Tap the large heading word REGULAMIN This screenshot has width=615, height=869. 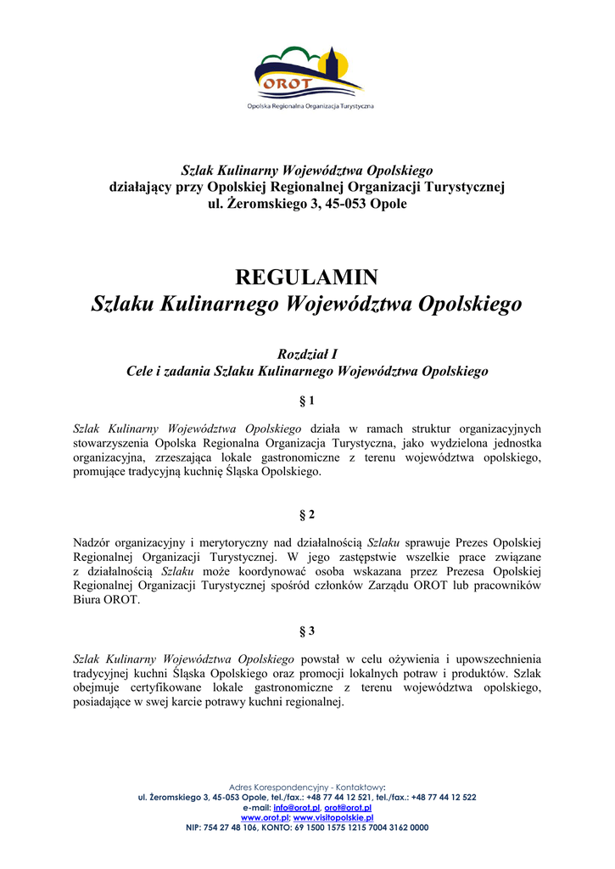306,278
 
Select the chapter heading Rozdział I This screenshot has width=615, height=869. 307,354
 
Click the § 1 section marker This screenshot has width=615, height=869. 307,400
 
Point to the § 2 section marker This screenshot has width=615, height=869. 307,515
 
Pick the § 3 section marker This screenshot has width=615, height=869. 307,631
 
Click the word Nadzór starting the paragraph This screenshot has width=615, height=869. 94,542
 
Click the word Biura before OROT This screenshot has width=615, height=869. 90,600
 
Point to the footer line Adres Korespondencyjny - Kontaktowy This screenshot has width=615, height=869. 307,788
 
